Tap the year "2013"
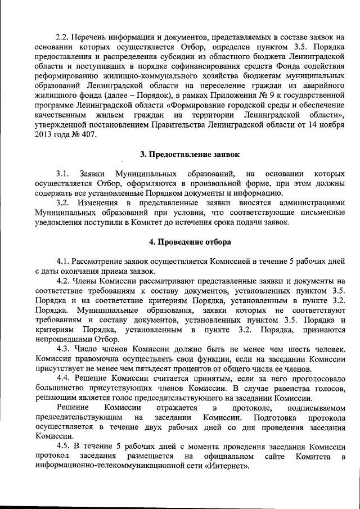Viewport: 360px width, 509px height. click(45, 134)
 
